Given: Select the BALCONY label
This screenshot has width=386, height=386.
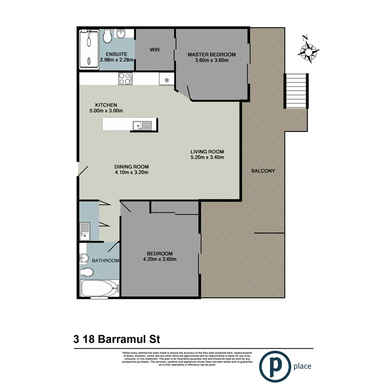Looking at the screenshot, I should click(x=263, y=171).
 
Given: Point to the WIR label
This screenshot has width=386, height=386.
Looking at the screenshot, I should click(x=155, y=50).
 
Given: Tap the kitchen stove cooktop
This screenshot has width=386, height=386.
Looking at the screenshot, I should click(x=125, y=78).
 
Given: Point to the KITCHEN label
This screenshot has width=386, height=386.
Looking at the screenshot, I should click(x=106, y=105).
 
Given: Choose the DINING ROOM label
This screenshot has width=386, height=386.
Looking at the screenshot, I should click(x=131, y=167).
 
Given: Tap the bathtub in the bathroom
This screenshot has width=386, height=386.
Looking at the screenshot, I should click(x=99, y=287).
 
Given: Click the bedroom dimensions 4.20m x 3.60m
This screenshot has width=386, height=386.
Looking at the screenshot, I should click(x=159, y=260).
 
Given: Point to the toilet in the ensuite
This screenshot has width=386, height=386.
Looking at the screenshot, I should click(x=107, y=36).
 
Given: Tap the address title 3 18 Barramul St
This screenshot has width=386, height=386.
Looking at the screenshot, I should click(x=117, y=339).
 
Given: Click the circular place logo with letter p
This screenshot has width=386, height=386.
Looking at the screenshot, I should click(x=273, y=366).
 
